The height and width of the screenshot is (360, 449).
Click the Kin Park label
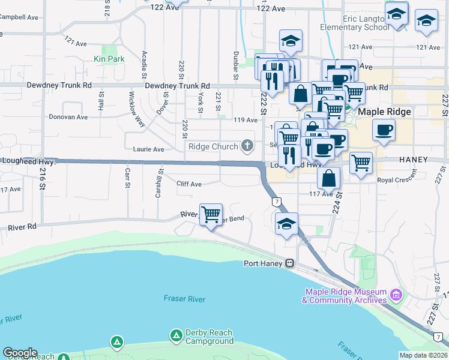(x=109, y=59)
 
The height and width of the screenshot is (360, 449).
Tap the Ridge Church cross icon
(x=247, y=146)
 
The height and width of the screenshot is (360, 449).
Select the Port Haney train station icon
(x=289, y=263)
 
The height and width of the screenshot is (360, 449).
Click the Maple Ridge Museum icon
(x=396, y=295)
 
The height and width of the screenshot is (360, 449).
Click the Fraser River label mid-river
(x=184, y=299)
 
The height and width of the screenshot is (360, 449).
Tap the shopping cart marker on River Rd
(x=211, y=214)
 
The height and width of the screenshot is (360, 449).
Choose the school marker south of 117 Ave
(x=287, y=224)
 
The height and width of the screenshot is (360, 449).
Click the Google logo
(x=20, y=353)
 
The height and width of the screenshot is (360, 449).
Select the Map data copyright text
(x=423, y=355)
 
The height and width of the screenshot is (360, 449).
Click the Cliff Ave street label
(x=188, y=184)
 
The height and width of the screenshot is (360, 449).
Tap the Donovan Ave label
(x=65, y=117)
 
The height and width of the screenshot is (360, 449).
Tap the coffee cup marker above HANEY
(x=384, y=130)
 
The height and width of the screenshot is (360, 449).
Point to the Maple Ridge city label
(x=385, y=112)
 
